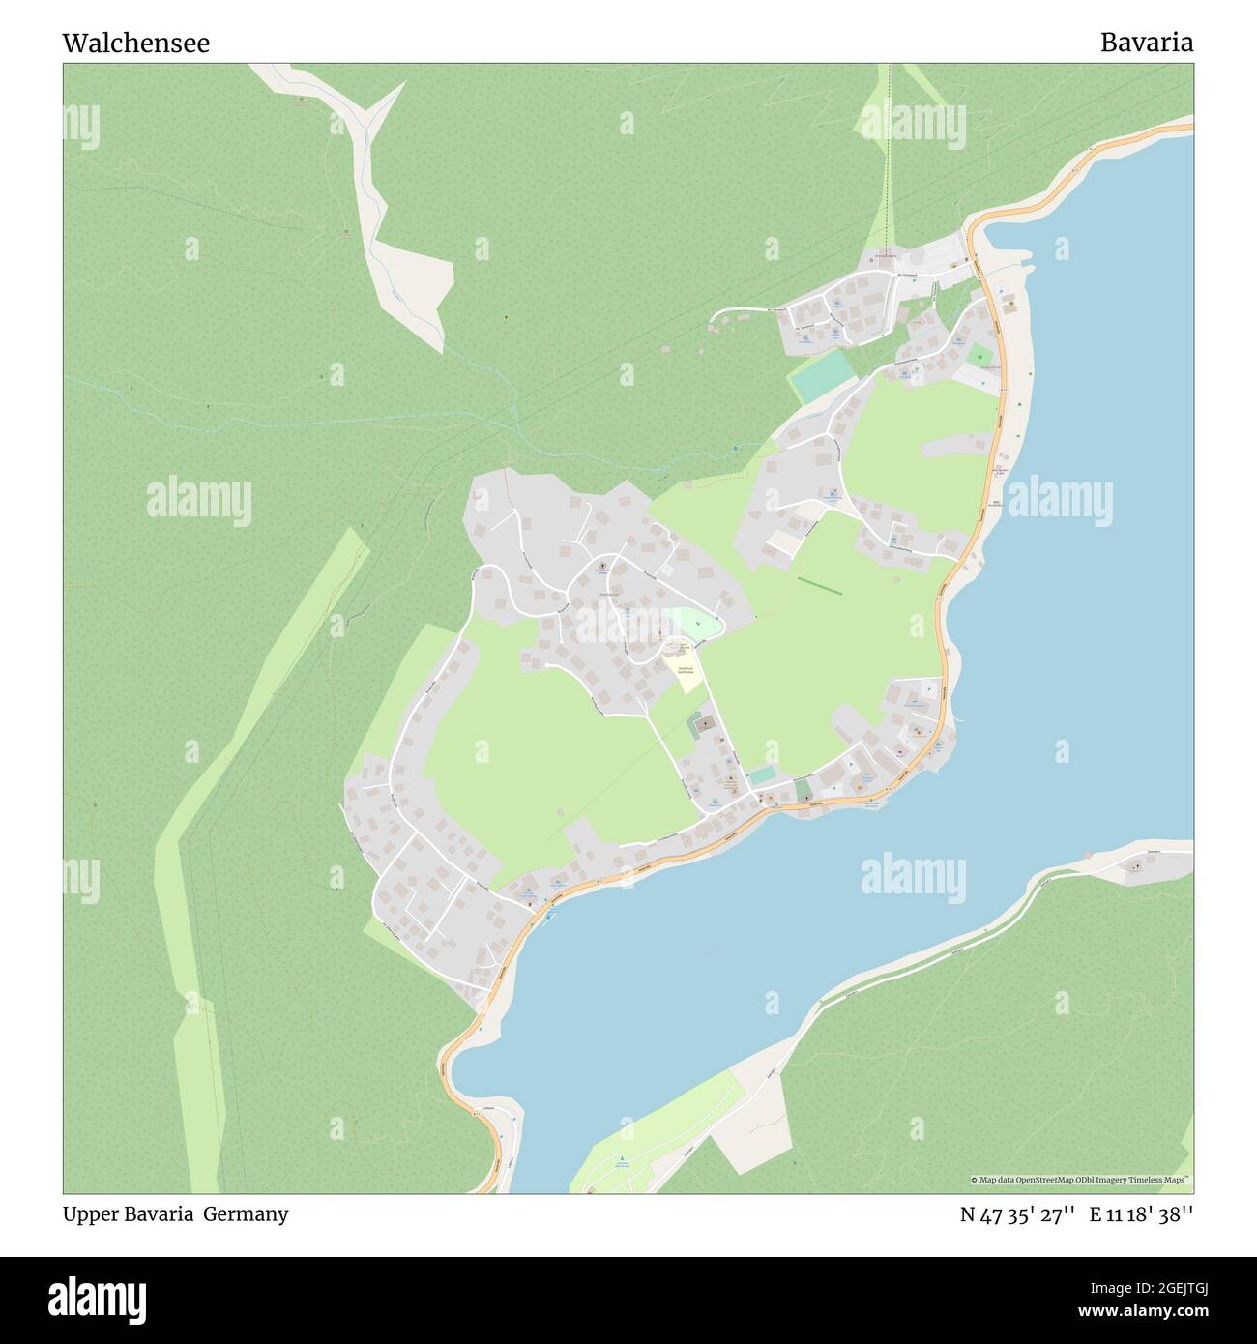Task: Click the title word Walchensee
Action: click(x=135, y=44)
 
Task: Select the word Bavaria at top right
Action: click(x=1146, y=43)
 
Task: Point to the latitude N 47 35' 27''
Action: click(x=1017, y=1214)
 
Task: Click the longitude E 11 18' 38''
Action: click(x=1141, y=1214)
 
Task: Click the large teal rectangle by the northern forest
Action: click(x=821, y=376)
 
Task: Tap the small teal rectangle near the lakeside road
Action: click(x=762, y=775)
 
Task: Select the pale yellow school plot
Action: click(x=687, y=673)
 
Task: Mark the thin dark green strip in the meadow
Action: click(x=819, y=586)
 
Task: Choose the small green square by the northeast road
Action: click(x=980, y=357)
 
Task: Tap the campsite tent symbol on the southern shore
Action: click(x=623, y=1158)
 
